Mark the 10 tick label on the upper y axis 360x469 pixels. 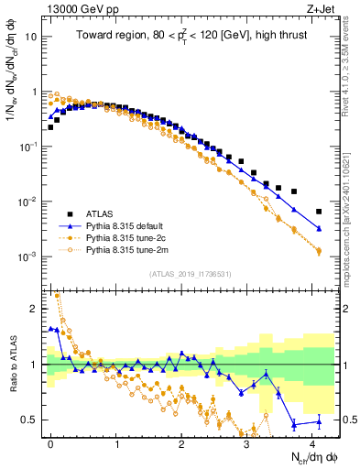pyautogui.click(x=31, y=38)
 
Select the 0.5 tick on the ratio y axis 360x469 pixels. pyautogui.click(x=30, y=420)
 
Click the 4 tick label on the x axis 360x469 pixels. pyautogui.click(x=312, y=442)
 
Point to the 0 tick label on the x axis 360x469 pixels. pyautogui.click(x=50, y=442)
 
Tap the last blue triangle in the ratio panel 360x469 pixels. pyautogui.click(x=319, y=421)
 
